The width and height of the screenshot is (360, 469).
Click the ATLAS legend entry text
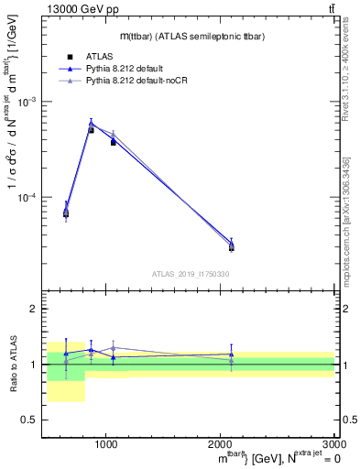tap(99, 56)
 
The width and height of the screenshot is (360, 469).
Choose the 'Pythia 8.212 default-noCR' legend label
tap(143, 82)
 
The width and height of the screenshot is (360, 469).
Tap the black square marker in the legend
tap(69, 56)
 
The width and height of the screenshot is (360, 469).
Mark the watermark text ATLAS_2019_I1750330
tap(191, 274)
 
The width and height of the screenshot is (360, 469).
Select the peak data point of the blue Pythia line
tap(91, 123)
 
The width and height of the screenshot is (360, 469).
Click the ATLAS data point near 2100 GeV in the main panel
tap(232, 247)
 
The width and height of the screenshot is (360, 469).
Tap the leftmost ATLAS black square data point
tap(66, 213)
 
